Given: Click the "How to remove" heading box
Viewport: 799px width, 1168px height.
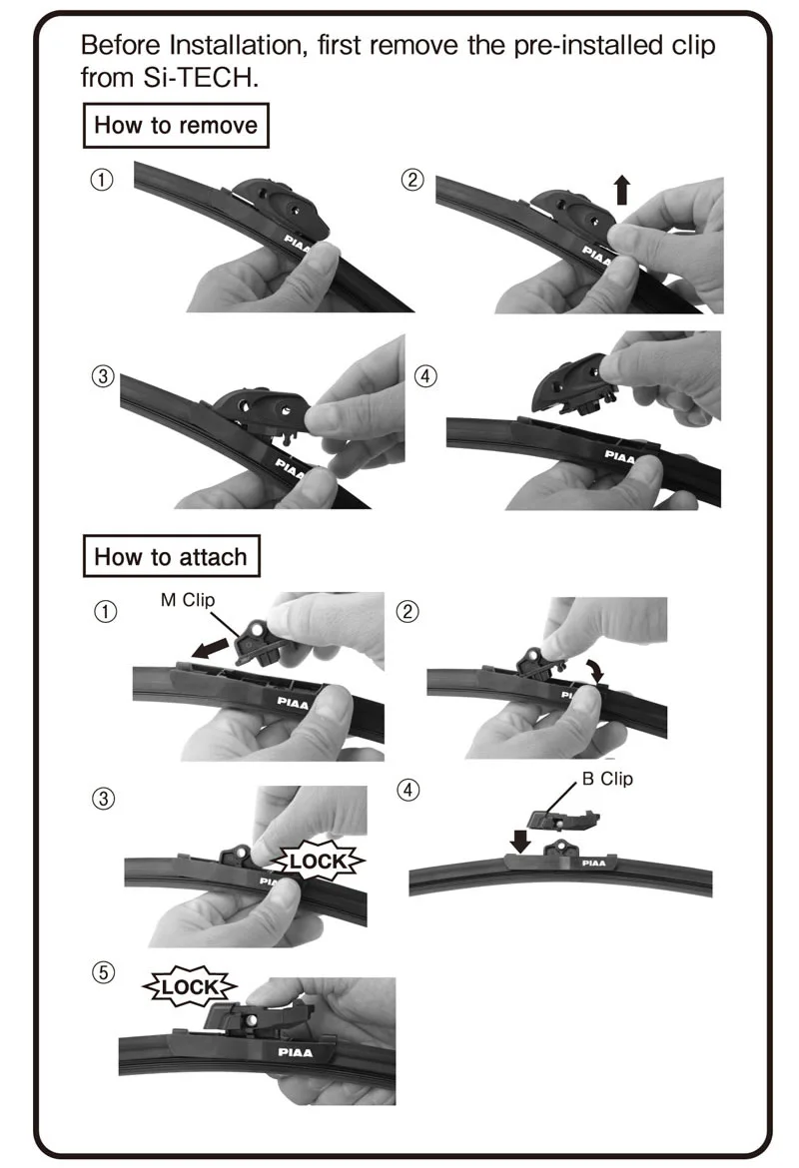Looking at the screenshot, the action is click(175, 125).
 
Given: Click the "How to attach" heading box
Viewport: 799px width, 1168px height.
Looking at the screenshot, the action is click(171, 556).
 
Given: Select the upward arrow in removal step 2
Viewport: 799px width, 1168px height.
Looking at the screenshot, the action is click(621, 190).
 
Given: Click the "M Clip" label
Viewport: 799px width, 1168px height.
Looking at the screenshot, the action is click(187, 600).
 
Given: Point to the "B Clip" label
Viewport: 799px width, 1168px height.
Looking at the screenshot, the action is click(607, 779).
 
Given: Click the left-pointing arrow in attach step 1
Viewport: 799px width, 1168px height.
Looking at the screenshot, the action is click(210, 647).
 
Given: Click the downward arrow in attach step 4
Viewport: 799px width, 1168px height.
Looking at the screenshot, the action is click(520, 841).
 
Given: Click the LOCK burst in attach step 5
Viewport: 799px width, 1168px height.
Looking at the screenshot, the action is click(190, 987).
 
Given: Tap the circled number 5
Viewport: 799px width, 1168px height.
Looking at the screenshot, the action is click(104, 973).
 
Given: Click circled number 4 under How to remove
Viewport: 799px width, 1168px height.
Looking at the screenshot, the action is click(425, 376).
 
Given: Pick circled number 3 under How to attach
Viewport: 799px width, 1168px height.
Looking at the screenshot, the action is click(104, 799).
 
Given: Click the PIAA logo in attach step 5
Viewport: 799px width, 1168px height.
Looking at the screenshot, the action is click(296, 1052).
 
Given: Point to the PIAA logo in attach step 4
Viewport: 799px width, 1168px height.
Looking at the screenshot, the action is click(594, 863).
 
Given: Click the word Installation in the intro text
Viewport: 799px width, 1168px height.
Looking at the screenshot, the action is click(237, 46).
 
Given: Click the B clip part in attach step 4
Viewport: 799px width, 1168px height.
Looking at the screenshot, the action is click(562, 818).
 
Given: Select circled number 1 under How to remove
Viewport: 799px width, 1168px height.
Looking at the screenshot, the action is click(101, 180).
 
